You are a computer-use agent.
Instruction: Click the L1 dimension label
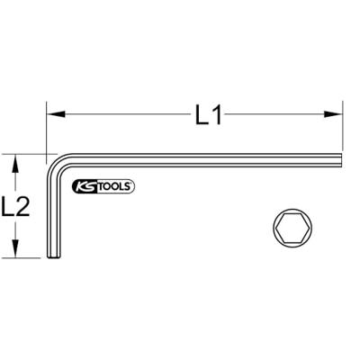tap(206, 115)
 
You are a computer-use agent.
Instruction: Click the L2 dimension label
tap(19, 207)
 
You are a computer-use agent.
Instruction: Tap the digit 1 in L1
tap(216, 115)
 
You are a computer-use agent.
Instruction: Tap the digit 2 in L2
tap(27, 207)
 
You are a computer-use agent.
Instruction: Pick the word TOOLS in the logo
tap(112, 186)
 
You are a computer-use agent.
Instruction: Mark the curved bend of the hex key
tap(56, 164)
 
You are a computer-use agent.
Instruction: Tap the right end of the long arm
tap(341, 159)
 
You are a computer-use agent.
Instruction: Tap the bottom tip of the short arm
tap(51, 257)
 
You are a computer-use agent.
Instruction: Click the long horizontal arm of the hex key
tap(198, 159)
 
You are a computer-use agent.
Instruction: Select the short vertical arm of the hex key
tap(51, 216)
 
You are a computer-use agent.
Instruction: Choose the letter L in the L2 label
tap(11, 207)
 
